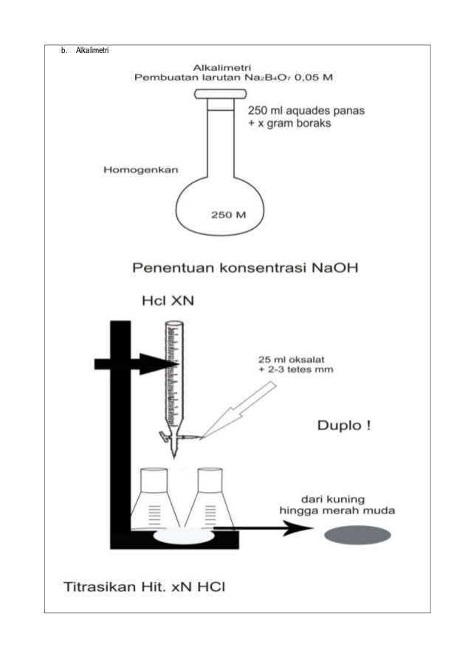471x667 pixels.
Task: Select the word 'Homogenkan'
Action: click(x=140, y=171)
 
